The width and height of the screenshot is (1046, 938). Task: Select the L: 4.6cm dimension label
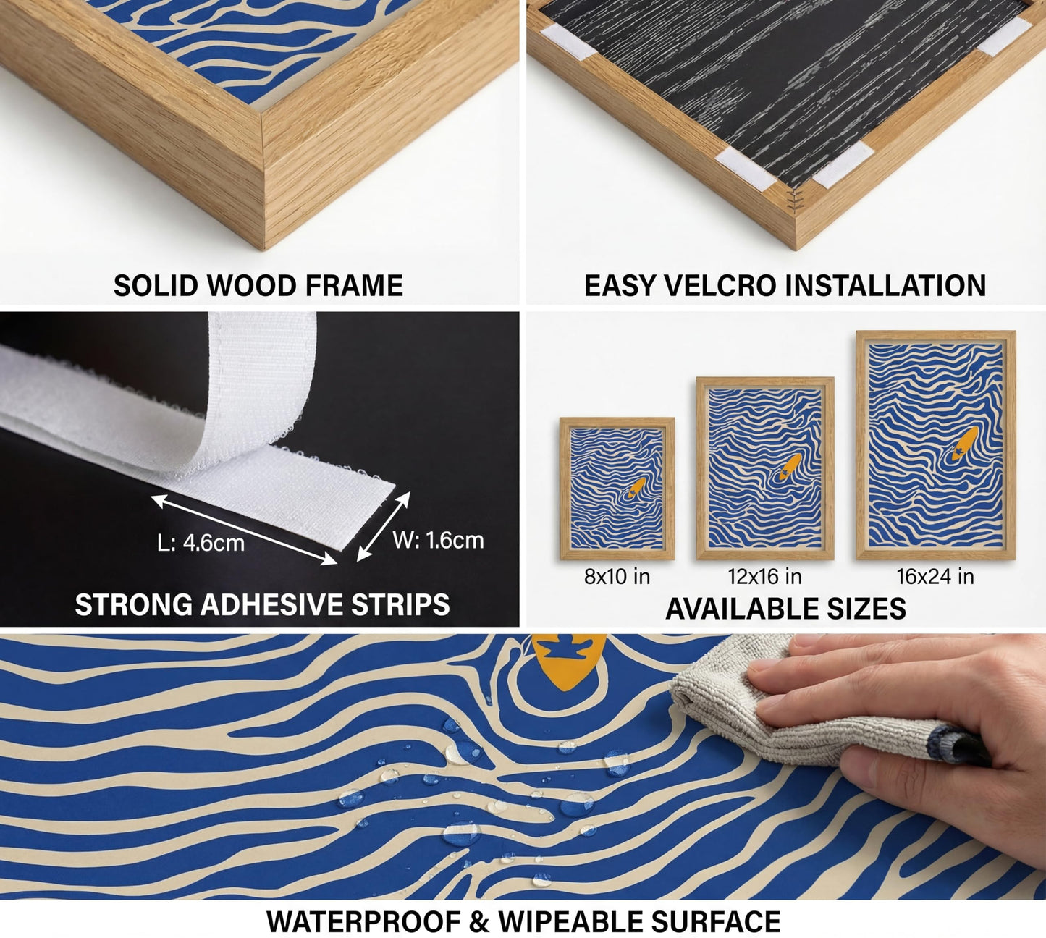[x=201, y=543]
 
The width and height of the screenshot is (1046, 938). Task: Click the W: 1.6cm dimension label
[x=438, y=541]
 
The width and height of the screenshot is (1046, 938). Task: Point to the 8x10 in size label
[x=617, y=577]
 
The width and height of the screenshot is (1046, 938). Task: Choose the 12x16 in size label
[x=764, y=577]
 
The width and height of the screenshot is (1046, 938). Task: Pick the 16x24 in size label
[x=935, y=577]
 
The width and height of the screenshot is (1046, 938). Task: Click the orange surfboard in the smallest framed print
[x=636, y=487]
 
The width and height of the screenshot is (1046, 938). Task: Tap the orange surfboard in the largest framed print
[x=964, y=443]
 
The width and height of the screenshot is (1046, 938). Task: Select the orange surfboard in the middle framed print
[x=790, y=466]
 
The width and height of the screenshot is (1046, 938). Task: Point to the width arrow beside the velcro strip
[x=384, y=526]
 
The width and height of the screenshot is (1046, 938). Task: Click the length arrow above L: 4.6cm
[x=244, y=530]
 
